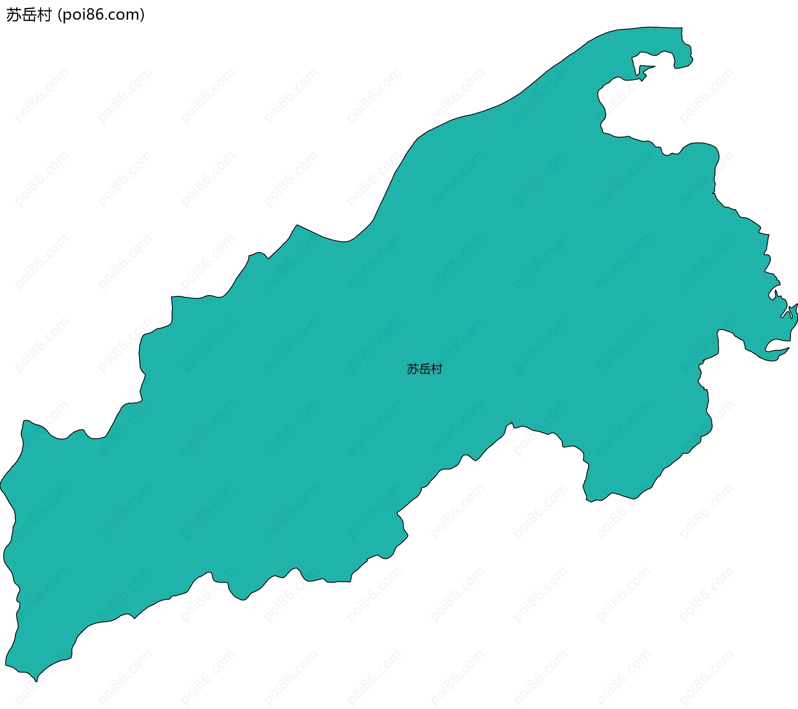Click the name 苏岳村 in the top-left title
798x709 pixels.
[x=29, y=15]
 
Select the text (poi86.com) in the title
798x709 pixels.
[x=101, y=15]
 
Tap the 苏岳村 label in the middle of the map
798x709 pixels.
[x=424, y=369]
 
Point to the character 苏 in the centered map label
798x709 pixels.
[x=412, y=369]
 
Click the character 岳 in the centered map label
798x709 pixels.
[x=424, y=369]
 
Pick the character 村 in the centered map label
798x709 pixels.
[x=436, y=369]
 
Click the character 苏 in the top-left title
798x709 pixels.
[x=14, y=15]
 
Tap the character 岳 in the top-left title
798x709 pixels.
[x=29, y=15]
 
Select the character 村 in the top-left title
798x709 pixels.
[x=44, y=15]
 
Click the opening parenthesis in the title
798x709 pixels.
[x=60, y=15]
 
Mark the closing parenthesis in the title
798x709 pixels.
[x=143, y=15]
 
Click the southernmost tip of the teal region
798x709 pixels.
[x=36, y=681]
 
